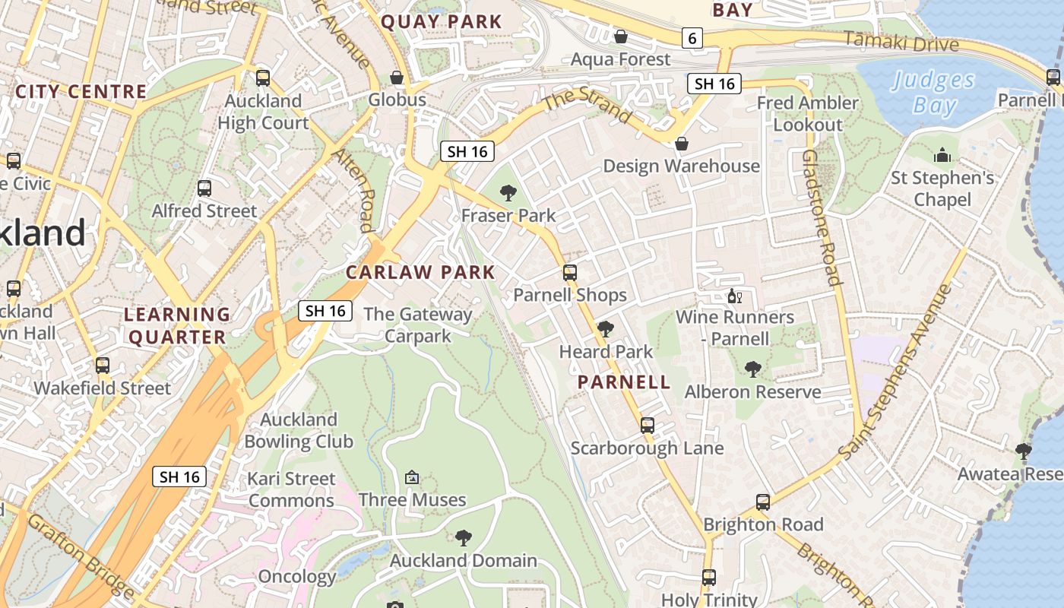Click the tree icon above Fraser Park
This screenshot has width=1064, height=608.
click(508, 193)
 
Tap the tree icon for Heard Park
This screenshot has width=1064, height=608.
click(606, 329)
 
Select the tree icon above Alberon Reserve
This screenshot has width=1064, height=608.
click(753, 369)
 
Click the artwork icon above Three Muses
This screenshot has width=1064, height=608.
click(412, 477)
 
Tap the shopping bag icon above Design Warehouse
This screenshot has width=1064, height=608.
click(682, 144)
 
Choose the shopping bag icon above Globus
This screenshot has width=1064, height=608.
click(397, 78)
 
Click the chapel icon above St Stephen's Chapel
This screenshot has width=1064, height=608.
click(942, 156)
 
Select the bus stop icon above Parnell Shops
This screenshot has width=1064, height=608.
click(570, 273)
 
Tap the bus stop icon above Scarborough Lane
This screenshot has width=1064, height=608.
click(648, 426)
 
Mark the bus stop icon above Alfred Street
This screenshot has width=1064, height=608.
click(204, 188)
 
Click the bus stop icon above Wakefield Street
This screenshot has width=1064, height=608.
click(103, 366)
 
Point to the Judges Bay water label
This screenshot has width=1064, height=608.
click(933, 92)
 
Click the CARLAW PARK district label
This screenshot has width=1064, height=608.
click(420, 272)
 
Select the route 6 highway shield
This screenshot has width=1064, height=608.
click(692, 38)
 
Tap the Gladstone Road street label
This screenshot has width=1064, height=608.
click(822, 217)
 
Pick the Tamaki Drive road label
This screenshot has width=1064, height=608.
click(901, 41)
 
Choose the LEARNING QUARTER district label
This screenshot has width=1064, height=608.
click(178, 325)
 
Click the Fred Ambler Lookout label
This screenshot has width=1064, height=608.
click(808, 113)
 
